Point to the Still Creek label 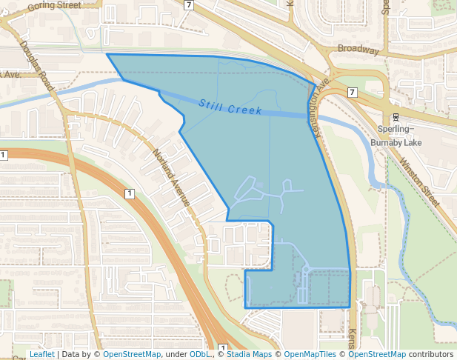click(x=230, y=107)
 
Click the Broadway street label click(x=358, y=50)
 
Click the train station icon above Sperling click(x=395, y=117)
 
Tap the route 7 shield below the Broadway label click(x=351, y=92)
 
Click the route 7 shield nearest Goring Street click(x=189, y=4)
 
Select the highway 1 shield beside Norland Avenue click(x=130, y=194)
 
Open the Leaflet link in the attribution click(x=41, y=355)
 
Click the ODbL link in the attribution click(x=200, y=355)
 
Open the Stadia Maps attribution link click(x=249, y=355)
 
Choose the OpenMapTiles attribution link click(x=310, y=355)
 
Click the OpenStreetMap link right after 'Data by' click(x=131, y=355)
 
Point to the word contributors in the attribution click(x=431, y=355)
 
